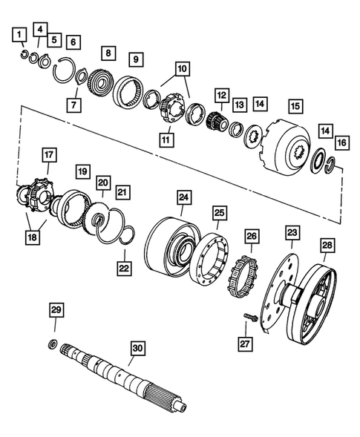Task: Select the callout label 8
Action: (x=108, y=53)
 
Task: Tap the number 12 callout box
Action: (x=220, y=96)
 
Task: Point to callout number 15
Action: (x=295, y=105)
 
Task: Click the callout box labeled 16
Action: (x=341, y=140)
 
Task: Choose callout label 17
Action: (x=49, y=154)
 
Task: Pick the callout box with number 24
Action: (x=183, y=197)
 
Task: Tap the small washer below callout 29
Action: (x=53, y=342)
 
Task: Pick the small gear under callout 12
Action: (x=215, y=120)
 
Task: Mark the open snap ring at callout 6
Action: (x=71, y=74)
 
